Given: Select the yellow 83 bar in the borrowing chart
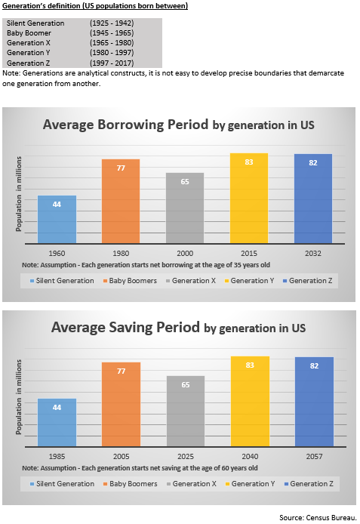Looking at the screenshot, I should click(x=249, y=199).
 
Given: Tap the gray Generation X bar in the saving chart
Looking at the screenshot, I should click(x=186, y=411).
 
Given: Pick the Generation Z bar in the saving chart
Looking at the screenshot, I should click(x=313, y=402).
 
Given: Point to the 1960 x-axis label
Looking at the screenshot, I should click(x=57, y=253).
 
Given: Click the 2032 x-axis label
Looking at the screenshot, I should click(x=313, y=253).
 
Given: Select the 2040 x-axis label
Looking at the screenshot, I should click(x=249, y=456).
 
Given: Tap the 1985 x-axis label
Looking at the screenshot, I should click(x=57, y=456).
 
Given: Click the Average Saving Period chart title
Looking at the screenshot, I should click(x=178, y=328).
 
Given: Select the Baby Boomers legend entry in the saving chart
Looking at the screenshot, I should click(x=130, y=483).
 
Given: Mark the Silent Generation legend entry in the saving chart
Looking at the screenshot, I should click(x=64, y=483).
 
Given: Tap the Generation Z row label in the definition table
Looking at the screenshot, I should click(x=27, y=63).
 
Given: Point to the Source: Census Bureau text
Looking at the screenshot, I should click(x=317, y=516).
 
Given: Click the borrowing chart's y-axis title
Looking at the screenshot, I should click(x=19, y=194).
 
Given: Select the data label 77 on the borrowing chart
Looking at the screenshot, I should click(x=121, y=168).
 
